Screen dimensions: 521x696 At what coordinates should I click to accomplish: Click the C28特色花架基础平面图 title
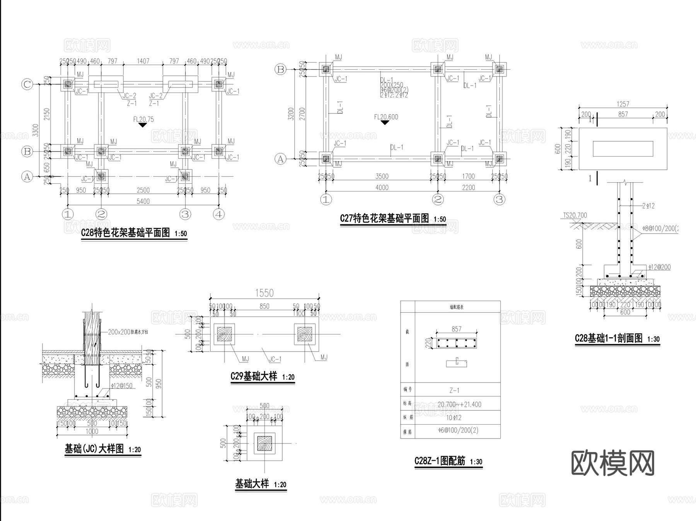126,233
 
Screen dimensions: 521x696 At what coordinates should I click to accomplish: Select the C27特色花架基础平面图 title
384,219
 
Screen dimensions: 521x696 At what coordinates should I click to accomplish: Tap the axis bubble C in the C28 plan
27,84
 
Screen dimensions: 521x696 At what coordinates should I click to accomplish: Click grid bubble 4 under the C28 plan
219,214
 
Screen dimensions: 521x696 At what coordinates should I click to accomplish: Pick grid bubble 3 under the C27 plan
500,200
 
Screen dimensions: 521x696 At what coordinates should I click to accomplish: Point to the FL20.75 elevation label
143,120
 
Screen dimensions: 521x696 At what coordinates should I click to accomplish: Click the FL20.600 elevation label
386,117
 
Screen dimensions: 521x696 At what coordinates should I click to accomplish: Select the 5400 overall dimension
143,201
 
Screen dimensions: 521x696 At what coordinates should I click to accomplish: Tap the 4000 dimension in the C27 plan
382,188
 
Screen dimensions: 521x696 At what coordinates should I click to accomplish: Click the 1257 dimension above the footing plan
623,104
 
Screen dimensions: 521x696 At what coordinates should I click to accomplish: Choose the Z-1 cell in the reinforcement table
454,390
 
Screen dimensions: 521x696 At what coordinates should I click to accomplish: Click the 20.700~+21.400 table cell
459,405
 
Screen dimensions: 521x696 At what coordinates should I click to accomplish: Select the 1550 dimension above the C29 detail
264,293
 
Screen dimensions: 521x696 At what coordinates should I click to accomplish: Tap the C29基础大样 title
254,376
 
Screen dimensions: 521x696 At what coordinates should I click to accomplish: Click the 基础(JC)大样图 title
94,449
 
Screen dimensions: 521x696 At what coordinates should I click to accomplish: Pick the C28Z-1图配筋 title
440,461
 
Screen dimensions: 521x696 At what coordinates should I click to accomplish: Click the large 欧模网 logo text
613,463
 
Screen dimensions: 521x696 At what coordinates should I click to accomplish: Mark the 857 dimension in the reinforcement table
456,329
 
